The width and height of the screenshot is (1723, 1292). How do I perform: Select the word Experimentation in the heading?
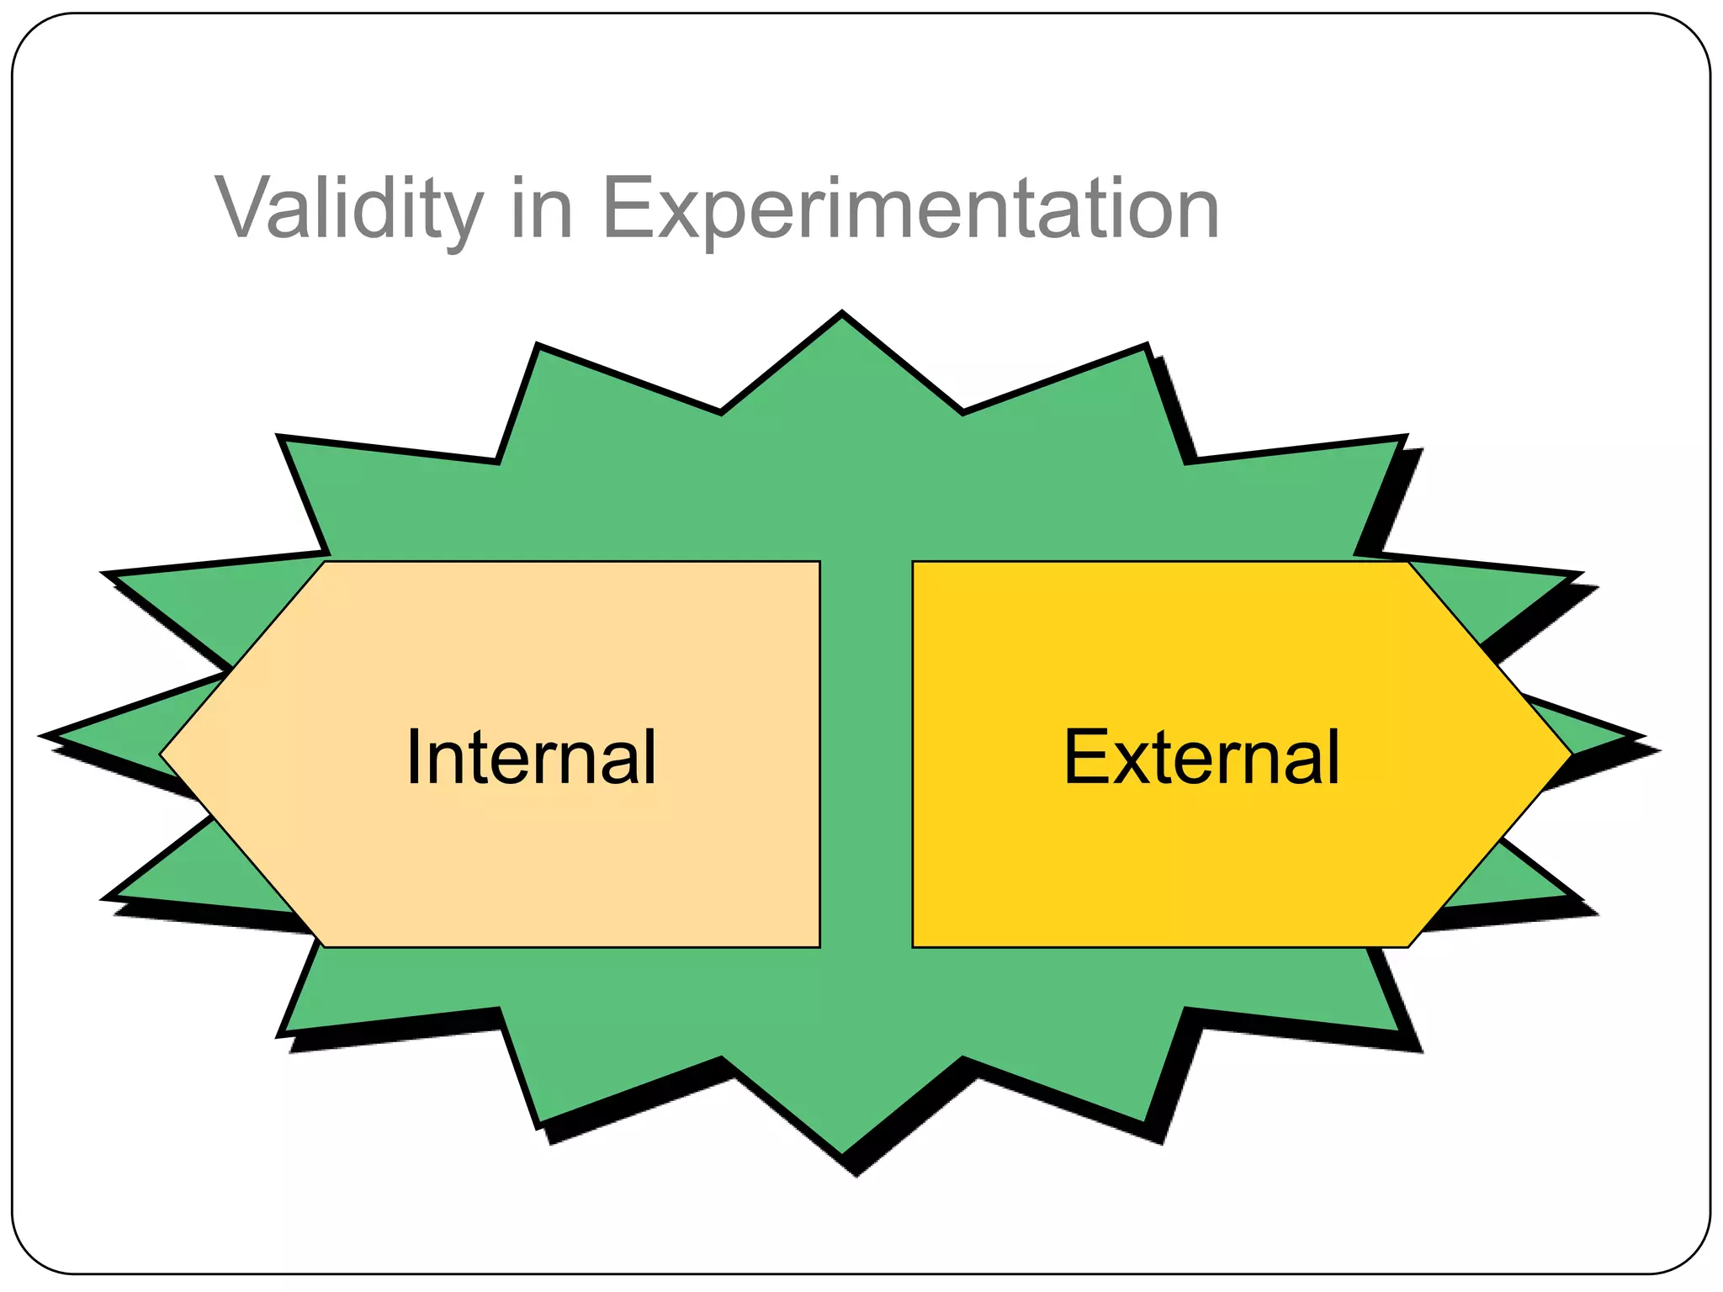910,209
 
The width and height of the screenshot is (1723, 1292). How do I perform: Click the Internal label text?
530,757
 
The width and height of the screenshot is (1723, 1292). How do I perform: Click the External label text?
1201,757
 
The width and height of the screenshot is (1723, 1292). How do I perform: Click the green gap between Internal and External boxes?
866,755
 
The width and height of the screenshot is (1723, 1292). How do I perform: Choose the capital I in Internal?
412,757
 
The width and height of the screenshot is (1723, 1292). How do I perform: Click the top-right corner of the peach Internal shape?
818,563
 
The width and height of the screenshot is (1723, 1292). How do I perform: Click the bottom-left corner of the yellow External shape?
915,945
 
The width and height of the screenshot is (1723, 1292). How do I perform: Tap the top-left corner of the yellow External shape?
915,563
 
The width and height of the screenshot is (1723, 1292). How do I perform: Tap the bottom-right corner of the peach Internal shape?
818,945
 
